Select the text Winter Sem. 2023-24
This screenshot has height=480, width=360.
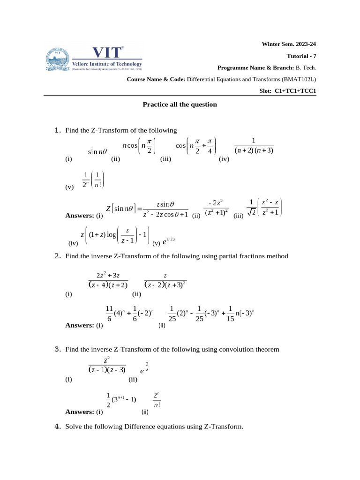point(289,44)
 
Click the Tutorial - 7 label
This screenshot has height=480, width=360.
point(301,56)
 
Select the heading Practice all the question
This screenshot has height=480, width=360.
point(180,105)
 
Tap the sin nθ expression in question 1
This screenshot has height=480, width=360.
point(98,151)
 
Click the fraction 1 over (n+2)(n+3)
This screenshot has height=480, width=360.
point(254,146)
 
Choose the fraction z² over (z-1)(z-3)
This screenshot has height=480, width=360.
point(107,365)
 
